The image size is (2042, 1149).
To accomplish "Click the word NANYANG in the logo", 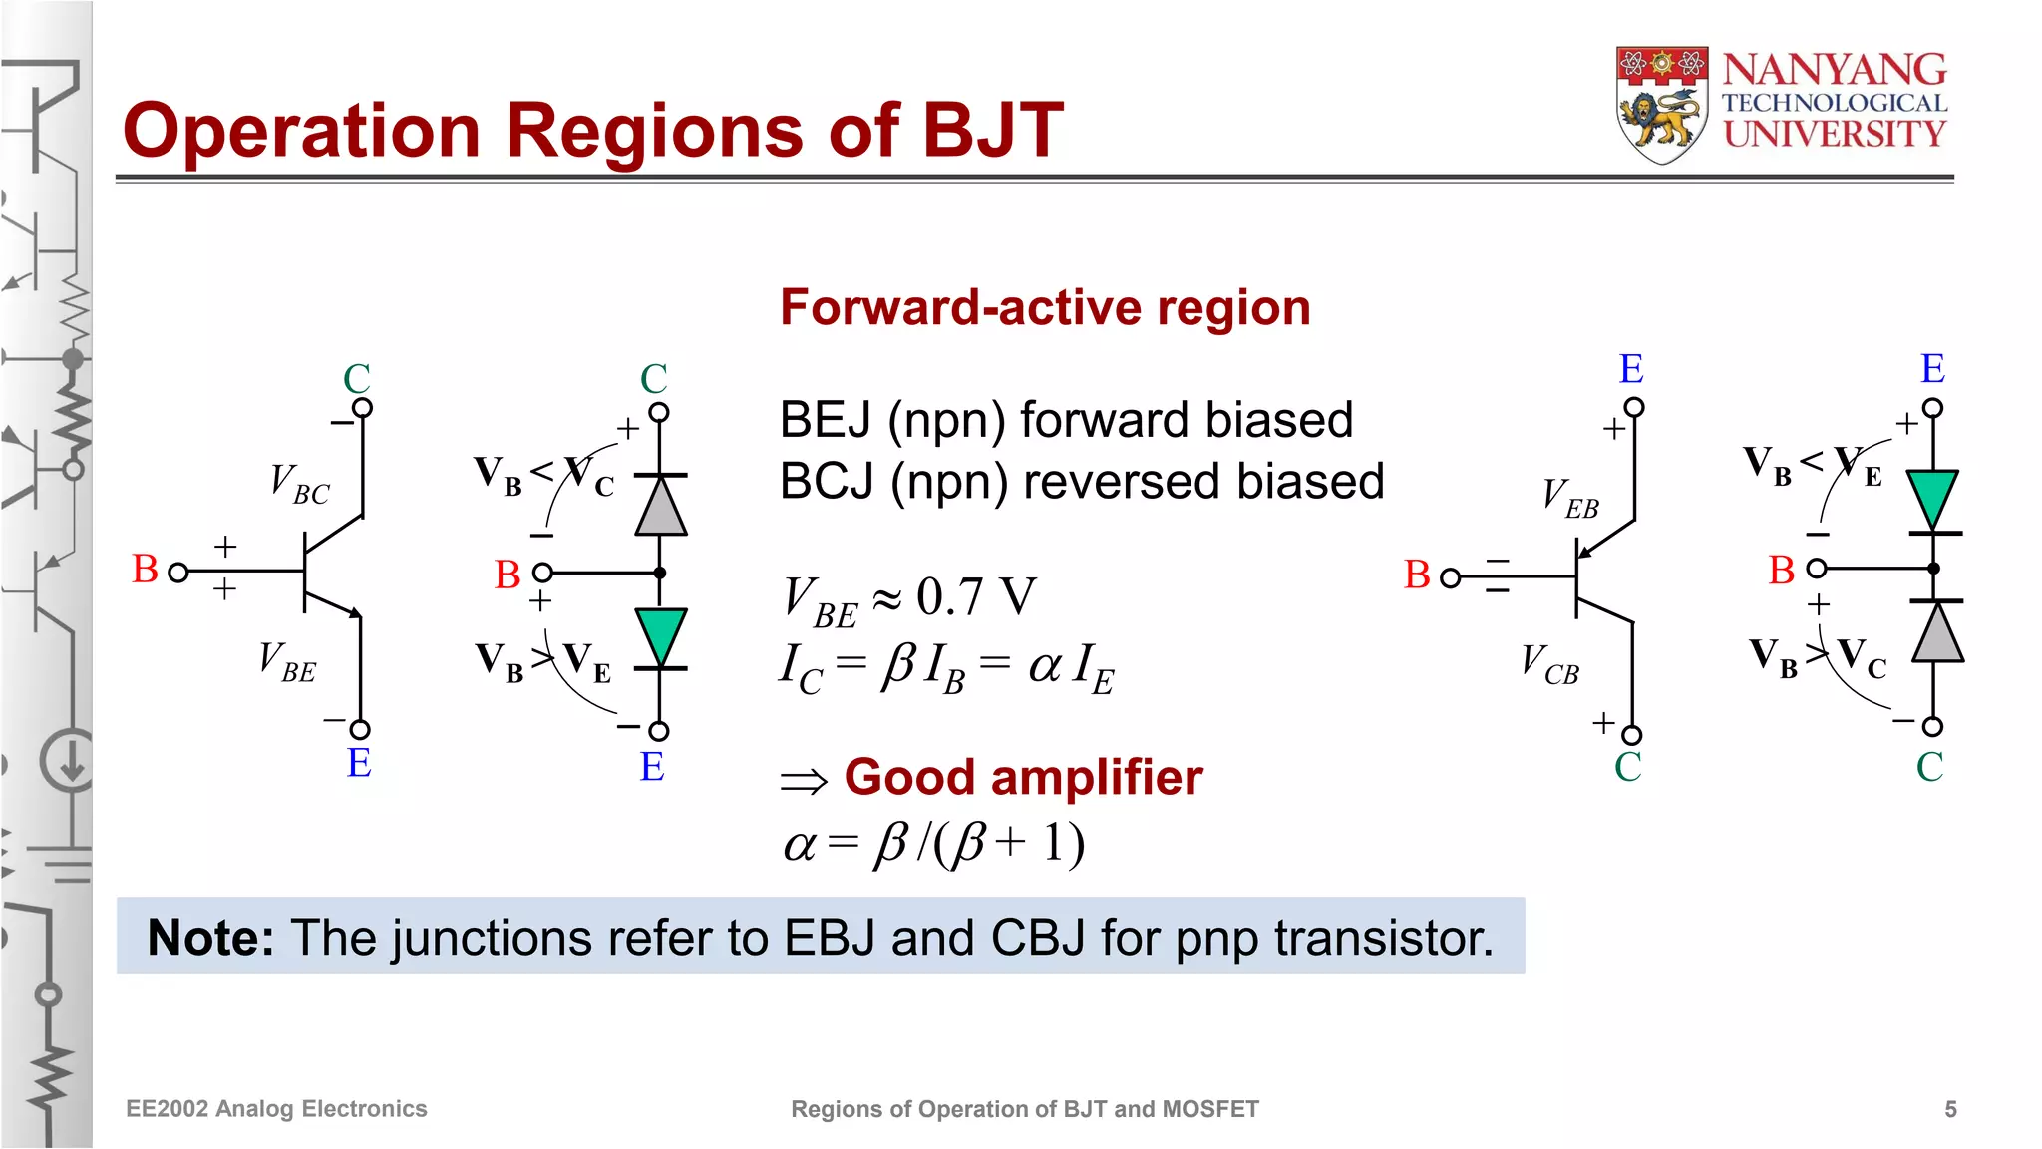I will [x=1835, y=70].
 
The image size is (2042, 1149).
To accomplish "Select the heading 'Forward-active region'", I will [x=1045, y=307].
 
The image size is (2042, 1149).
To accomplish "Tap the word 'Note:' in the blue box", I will [x=210, y=938].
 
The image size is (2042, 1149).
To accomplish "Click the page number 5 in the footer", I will [x=1950, y=1109].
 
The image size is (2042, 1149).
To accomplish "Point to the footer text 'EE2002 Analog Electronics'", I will [x=276, y=1109].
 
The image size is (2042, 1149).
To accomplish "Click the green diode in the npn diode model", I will [x=660, y=636].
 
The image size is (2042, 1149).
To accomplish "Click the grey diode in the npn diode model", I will [x=660, y=506].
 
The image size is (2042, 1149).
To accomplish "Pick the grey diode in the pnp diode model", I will [x=1936, y=633].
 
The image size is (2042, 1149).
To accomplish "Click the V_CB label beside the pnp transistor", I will [x=1549, y=664].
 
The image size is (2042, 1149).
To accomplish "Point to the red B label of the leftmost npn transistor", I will [x=146, y=570].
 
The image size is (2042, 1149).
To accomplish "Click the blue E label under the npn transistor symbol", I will [x=359, y=763].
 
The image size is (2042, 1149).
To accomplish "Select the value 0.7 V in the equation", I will [x=975, y=597].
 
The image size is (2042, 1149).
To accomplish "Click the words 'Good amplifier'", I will [x=1023, y=777].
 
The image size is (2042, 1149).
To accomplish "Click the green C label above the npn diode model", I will [x=653, y=379].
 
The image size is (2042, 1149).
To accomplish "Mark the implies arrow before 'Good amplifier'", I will [x=804, y=781].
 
